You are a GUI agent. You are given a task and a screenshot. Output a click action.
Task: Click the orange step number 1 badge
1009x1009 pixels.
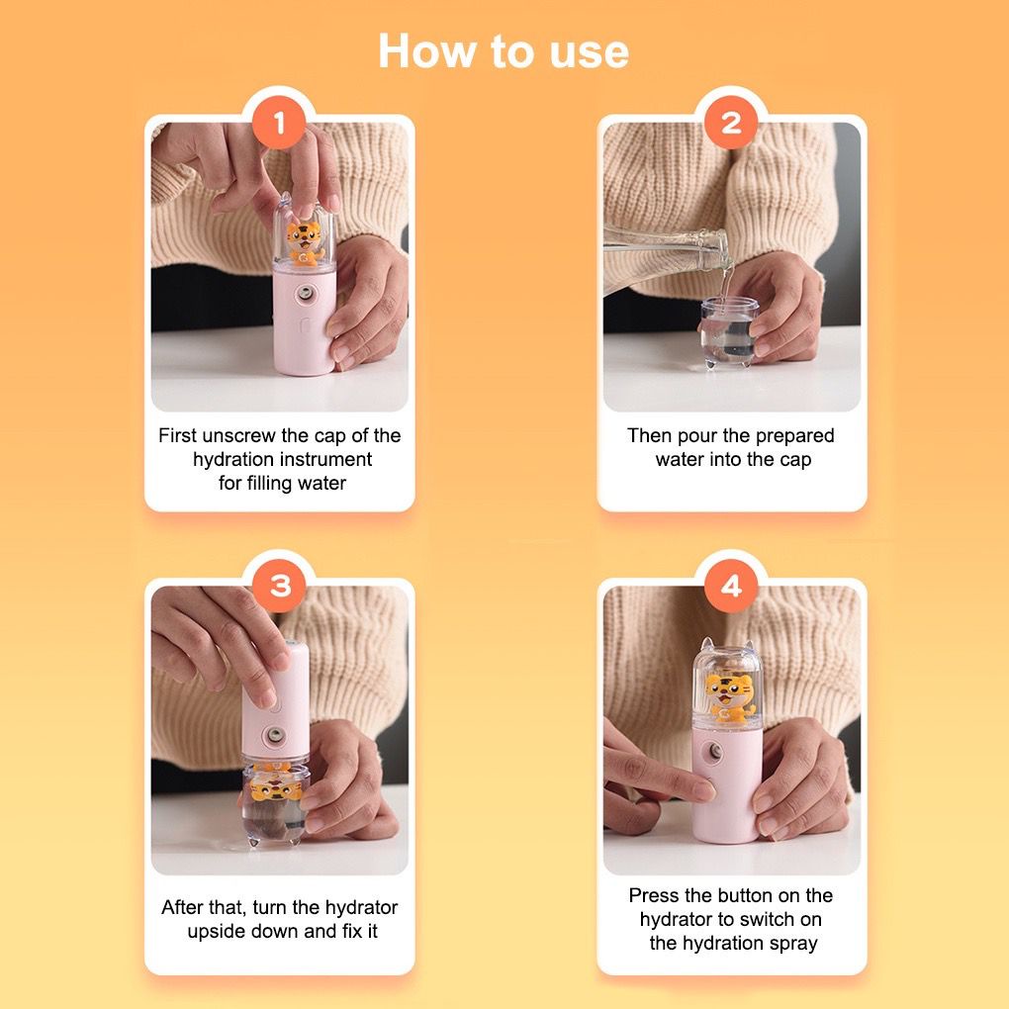point(279,123)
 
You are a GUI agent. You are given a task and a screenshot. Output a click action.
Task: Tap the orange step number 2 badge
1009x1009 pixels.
point(731,123)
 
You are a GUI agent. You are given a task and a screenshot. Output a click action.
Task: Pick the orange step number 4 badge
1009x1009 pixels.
point(731,586)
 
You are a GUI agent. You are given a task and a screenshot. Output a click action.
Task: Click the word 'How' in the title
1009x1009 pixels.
point(428,50)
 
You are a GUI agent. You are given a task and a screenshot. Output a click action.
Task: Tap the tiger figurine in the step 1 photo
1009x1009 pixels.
point(304,242)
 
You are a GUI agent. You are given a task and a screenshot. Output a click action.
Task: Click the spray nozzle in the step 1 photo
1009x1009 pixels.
point(305,295)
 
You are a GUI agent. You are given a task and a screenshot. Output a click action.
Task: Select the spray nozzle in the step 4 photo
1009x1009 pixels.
point(714,750)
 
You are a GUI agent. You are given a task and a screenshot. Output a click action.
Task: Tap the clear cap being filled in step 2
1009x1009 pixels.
point(728,330)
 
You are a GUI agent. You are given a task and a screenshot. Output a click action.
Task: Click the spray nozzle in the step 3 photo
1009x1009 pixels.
point(274,734)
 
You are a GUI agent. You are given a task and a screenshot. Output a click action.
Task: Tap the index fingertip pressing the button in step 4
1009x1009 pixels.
point(703,789)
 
